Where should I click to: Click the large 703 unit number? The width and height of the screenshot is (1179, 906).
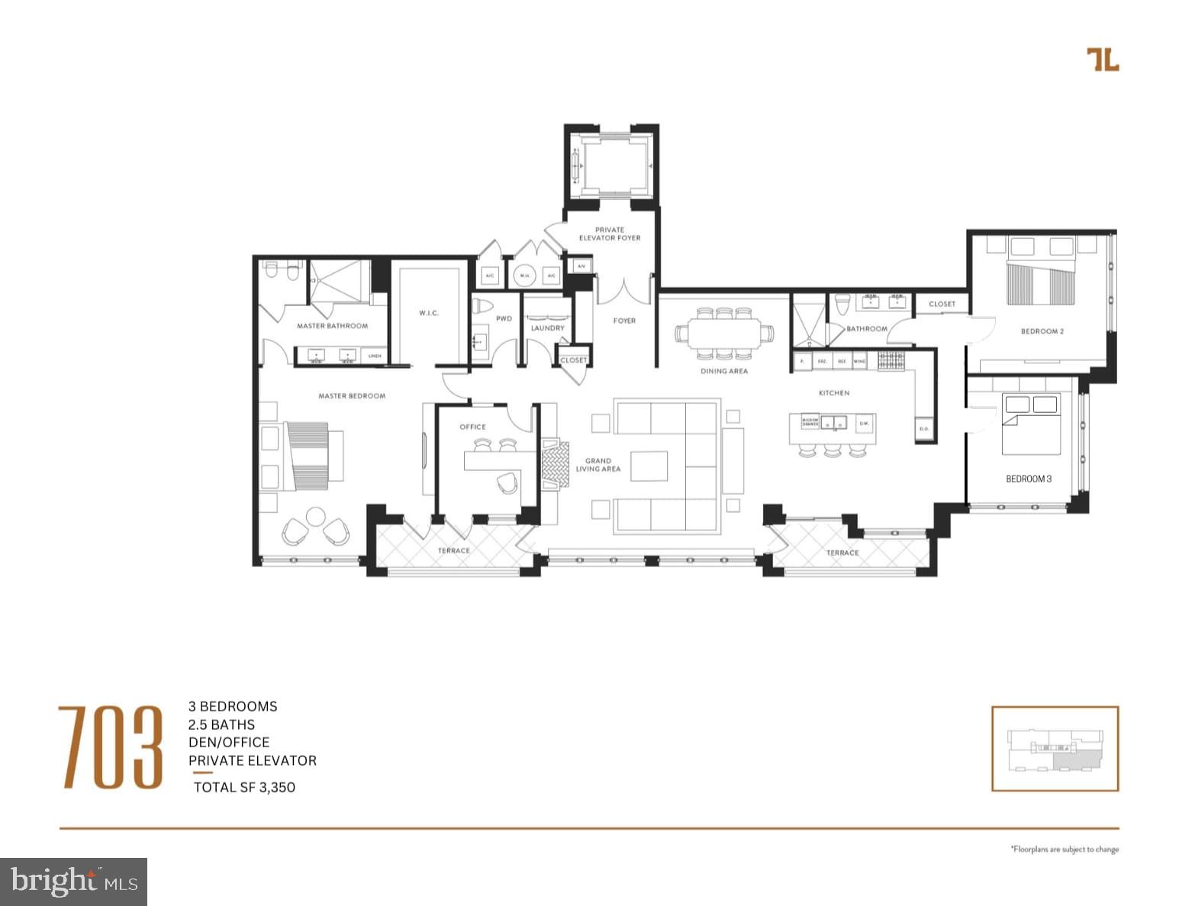(x=111, y=747)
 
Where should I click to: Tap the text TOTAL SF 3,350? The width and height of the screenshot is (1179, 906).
(x=244, y=787)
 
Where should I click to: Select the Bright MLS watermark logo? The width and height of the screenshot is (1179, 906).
(x=74, y=882)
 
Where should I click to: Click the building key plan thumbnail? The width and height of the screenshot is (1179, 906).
(x=1055, y=748)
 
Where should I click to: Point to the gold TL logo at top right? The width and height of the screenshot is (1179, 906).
(x=1103, y=60)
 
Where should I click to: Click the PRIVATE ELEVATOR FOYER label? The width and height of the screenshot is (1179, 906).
(x=609, y=234)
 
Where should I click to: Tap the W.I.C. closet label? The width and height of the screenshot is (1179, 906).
(x=429, y=313)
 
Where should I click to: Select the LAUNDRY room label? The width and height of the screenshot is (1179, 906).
(x=547, y=328)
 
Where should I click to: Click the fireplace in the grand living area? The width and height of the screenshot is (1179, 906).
(x=556, y=463)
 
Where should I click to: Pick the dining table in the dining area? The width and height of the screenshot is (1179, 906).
(x=723, y=334)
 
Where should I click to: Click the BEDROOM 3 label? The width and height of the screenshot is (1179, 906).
(x=1028, y=479)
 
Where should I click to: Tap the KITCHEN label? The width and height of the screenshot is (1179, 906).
(x=833, y=393)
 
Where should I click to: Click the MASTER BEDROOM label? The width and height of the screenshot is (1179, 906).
(x=352, y=396)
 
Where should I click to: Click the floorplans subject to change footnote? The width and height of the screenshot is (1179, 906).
(x=1065, y=849)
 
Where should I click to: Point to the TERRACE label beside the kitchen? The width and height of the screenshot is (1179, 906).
(x=842, y=553)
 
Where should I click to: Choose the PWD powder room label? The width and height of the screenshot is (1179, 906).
(x=504, y=319)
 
